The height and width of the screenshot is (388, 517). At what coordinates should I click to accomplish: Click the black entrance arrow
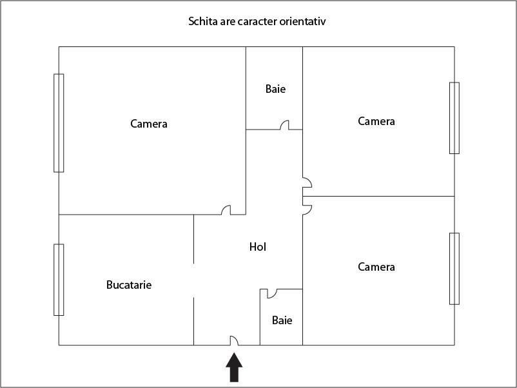coord(234,367)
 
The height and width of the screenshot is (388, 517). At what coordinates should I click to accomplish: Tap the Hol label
coord(257,247)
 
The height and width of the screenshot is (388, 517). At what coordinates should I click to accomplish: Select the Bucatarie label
coord(129,285)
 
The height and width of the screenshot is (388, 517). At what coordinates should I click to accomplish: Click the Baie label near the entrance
coord(282,320)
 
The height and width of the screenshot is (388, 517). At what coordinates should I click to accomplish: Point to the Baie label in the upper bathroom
coord(275,89)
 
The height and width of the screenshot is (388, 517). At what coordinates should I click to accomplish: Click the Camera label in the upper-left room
coord(149,124)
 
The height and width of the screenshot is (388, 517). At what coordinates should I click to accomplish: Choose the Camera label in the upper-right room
coord(376,121)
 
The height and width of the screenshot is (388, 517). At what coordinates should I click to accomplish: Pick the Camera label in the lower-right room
coord(376,267)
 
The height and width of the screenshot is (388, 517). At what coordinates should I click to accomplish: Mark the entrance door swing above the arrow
coord(234,340)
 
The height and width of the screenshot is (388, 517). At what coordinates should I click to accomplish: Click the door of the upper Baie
coord(284,125)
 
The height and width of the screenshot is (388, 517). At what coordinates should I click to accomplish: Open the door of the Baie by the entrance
coord(271,293)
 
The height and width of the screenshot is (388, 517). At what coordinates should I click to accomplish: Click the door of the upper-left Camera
coord(226,210)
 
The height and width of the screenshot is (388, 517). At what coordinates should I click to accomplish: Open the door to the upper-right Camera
coord(307,182)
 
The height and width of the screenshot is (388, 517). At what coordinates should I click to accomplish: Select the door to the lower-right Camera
coord(307,210)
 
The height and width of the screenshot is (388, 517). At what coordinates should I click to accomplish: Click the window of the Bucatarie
coord(59,280)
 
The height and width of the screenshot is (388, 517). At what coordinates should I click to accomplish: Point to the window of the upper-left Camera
coord(59,123)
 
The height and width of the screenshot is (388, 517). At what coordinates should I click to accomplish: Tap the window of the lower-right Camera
coord(454,269)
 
